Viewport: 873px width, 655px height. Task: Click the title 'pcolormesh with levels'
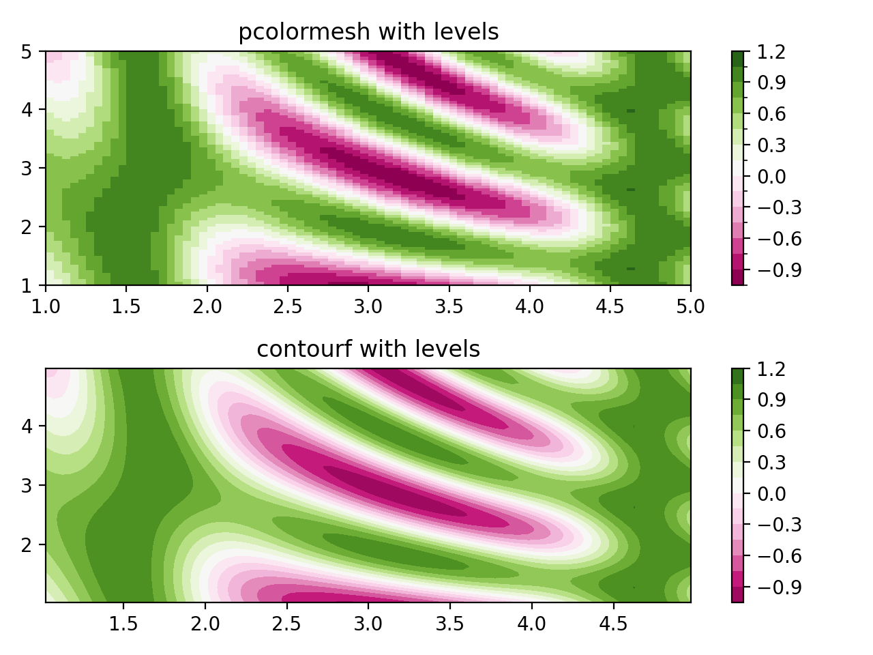[x=368, y=32]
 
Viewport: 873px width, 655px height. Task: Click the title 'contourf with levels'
[x=368, y=349]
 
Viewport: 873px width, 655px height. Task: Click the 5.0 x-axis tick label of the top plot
[x=690, y=307]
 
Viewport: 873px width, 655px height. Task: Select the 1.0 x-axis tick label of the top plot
[x=46, y=307]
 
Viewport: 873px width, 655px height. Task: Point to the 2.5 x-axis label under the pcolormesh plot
[x=288, y=307]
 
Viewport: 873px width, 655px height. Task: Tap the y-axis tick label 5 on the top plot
[x=27, y=51]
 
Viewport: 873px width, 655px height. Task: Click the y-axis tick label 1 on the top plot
[x=27, y=285]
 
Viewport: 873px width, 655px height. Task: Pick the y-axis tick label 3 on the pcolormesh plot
[x=27, y=169]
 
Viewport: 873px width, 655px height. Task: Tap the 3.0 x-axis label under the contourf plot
[x=368, y=624]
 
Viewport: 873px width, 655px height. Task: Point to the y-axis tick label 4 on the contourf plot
[x=27, y=426]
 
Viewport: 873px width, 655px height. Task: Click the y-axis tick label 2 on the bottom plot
[x=27, y=544]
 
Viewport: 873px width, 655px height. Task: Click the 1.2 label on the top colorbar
[x=771, y=52]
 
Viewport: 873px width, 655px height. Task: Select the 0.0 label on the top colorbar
[x=771, y=177]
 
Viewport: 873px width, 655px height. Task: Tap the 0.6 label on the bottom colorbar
[x=771, y=431]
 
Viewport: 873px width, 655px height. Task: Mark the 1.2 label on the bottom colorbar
[x=771, y=369]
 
